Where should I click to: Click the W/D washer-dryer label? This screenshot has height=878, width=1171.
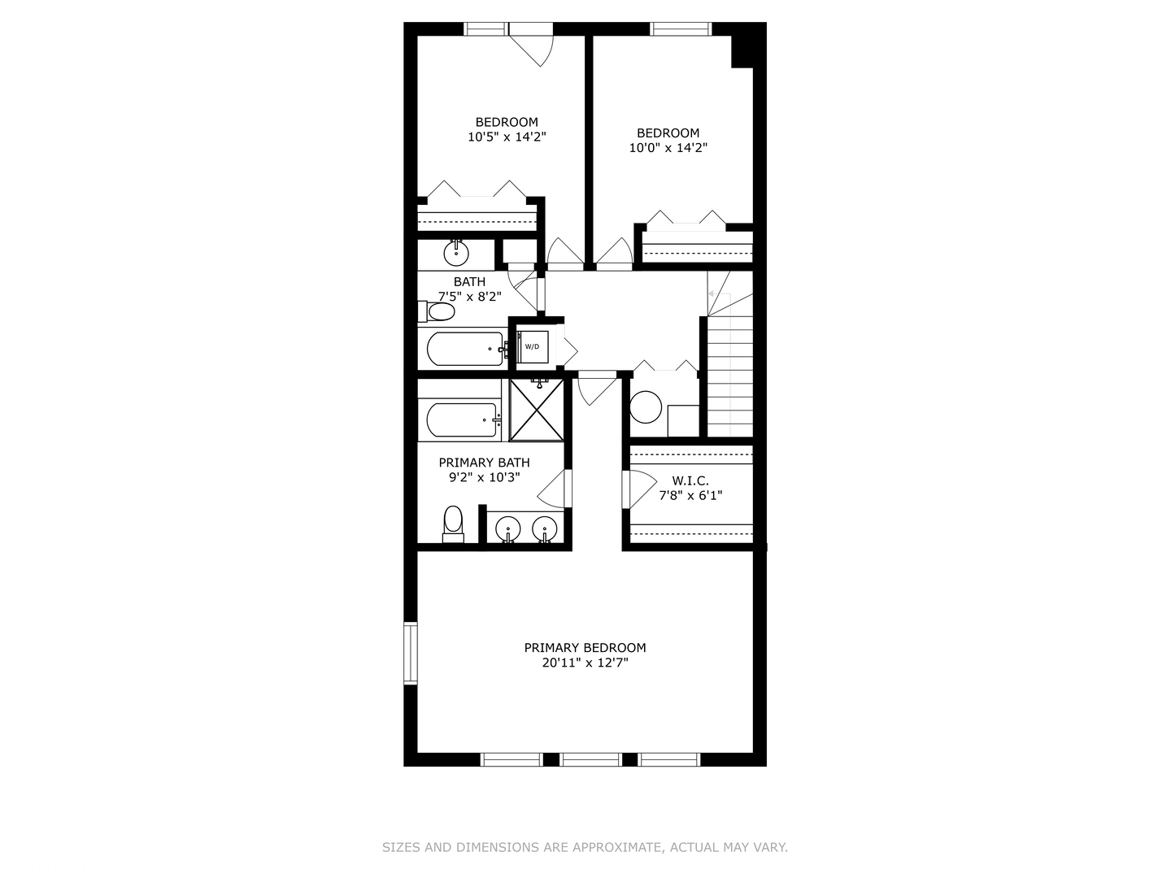point(532,347)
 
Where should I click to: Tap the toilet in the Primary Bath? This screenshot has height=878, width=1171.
point(453,523)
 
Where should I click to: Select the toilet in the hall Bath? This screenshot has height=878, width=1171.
point(438,312)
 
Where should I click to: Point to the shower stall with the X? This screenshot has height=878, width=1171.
point(537,410)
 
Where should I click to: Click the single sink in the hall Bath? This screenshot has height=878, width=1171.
point(456,254)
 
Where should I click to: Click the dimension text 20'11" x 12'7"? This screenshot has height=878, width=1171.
point(585,663)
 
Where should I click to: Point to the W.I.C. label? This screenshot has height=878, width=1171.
point(690,480)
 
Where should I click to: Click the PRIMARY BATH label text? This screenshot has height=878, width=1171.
point(484,463)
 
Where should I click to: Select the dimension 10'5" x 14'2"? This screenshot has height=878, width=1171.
point(506,137)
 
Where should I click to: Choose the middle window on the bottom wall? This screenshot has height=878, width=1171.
point(591,759)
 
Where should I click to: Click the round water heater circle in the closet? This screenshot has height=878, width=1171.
point(646,407)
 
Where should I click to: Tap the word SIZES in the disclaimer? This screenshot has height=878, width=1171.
point(401,847)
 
